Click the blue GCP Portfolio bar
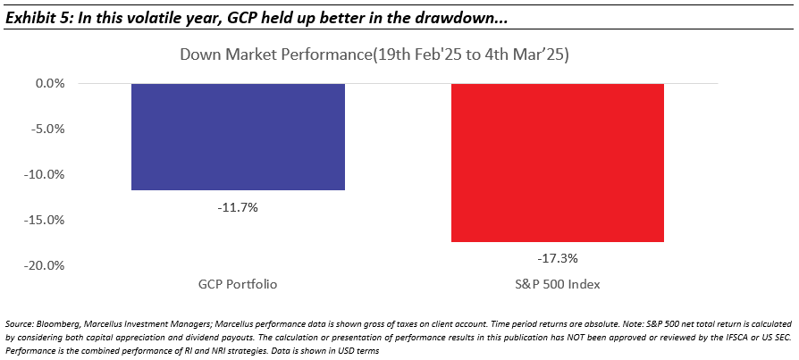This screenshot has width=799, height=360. pos(238,137)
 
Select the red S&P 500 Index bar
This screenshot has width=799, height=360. pos(558,163)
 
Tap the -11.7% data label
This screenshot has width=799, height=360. pos(238,206)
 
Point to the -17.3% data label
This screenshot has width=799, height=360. pos(558,258)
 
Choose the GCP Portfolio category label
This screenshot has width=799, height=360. pos(238,283)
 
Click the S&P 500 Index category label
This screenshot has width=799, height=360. pos(558,283)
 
